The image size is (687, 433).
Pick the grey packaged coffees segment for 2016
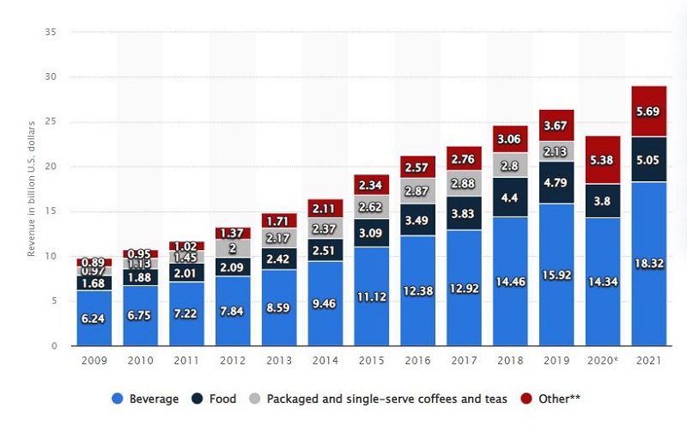pos(417,191)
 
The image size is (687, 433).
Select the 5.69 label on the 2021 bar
pos(649,111)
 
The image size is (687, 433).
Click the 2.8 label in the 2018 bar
pos(510,165)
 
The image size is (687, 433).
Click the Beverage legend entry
pos(146,399)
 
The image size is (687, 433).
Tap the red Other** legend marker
pos(526,399)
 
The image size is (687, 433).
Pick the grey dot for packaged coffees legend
pos(253,399)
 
